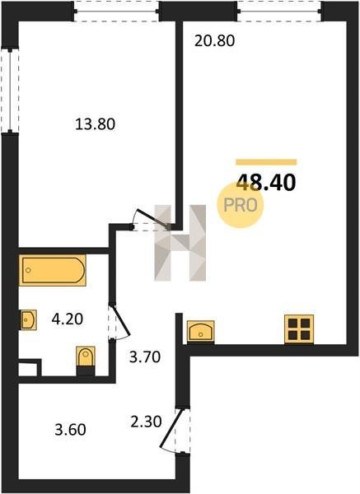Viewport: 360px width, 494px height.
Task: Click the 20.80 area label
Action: [214, 41]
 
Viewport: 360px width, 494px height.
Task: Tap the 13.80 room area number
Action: [96, 124]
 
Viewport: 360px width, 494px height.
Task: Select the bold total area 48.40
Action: [266, 183]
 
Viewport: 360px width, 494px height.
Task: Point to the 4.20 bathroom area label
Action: [68, 319]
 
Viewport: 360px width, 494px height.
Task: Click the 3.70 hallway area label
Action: [145, 357]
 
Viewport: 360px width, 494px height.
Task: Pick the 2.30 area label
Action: [147, 422]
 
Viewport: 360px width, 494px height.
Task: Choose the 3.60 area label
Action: [70, 430]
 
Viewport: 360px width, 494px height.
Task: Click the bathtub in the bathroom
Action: [53, 270]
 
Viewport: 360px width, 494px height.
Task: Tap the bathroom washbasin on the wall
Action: [29, 319]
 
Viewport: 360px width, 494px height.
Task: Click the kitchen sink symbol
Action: [201, 331]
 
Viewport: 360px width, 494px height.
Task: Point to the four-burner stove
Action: [299, 329]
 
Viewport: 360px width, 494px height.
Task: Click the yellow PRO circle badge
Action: [241, 205]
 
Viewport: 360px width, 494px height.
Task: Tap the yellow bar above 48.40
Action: [266, 162]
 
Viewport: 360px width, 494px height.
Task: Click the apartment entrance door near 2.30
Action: [172, 431]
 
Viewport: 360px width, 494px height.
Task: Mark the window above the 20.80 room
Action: [279, 11]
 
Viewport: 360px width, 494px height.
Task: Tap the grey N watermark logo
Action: [180, 243]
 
